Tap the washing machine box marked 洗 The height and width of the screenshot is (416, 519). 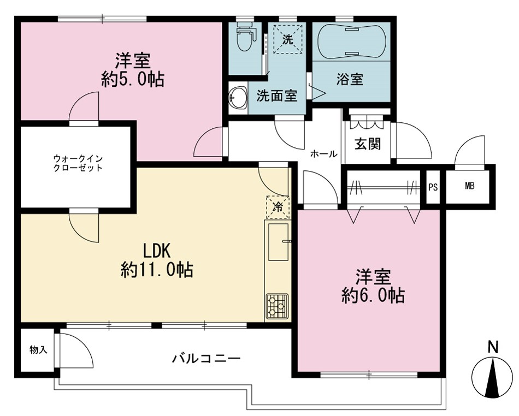(287, 39)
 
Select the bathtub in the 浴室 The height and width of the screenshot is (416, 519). (351, 41)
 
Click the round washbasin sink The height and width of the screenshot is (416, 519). (238, 97)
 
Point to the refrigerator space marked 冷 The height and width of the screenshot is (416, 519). (278, 207)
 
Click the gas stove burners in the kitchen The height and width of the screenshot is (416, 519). (278, 306)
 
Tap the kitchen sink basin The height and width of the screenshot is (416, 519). (279, 242)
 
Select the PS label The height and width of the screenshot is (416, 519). (433, 187)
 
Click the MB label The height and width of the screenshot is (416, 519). (469, 186)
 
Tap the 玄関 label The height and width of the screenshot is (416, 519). (368, 144)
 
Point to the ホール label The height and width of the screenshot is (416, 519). (324, 154)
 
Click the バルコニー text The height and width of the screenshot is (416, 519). (206, 359)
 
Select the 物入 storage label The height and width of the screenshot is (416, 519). (38, 349)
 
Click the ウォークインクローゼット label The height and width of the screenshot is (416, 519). (78, 163)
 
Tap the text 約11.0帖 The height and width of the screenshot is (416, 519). (157, 270)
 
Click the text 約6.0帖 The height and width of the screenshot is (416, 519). (373, 295)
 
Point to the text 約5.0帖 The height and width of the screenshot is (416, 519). (133, 79)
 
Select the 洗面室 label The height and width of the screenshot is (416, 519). (277, 96)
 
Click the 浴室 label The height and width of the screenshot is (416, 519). (350, 79)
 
